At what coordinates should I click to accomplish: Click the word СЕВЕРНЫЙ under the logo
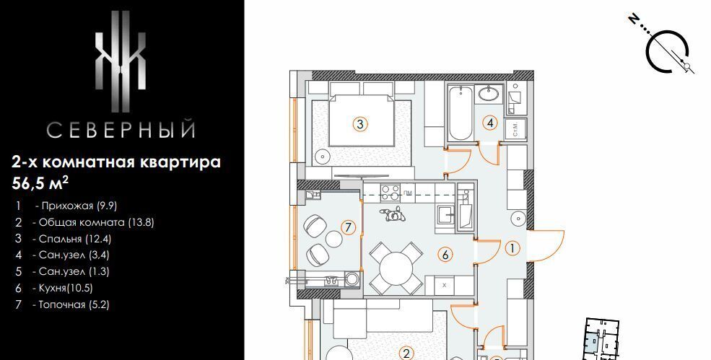coord(121,129)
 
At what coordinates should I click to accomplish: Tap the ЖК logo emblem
coord(120,61)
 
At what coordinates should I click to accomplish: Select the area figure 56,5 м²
coord(40,183)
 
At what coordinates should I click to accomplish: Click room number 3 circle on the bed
coord(360,124)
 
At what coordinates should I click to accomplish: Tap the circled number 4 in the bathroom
coord(489,123)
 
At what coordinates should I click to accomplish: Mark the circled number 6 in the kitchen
coord(445,255)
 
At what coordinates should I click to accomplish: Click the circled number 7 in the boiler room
coord(348,227)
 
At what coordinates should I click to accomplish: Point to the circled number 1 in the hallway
coord(512,248)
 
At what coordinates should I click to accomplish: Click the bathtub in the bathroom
coord(461,113)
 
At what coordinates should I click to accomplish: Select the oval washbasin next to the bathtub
coord(489,95)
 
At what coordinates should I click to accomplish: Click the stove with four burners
coord(390,191)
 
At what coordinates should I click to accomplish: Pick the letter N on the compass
coord(634,19)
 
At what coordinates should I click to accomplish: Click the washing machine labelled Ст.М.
coord(515,130)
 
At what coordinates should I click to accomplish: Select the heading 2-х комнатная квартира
coord(116,162)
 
